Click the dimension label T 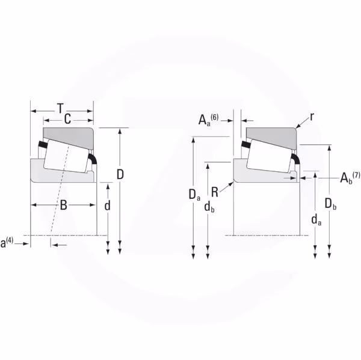tap(60, 108)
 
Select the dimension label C tap(67, 119)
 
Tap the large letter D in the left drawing tap(120, 174)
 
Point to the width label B tap(63, 205)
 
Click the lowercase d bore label tap(107, 206)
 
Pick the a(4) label tap(7, 242)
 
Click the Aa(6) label tap(208, 119)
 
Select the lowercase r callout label tap(312, 117)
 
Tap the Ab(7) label tap(350, 177)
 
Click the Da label tap(194, 195)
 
